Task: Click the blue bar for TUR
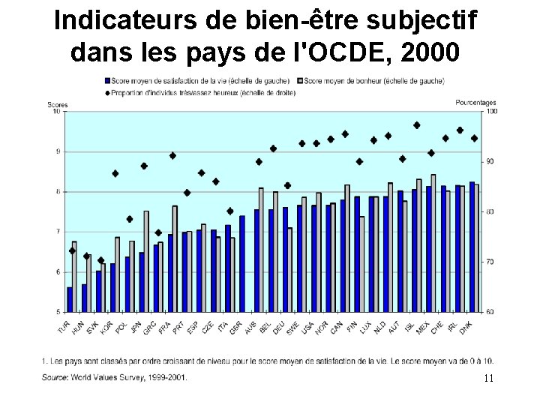click(x=70, y=299)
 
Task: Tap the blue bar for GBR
click(x=242, y=263)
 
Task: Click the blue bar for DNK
click(x=472, y=247)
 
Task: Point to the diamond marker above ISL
click(x=417, y=125)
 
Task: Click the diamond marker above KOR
click(x=115, y=173)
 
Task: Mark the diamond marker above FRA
click(x=172, y=156)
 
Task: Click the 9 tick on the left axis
click(x=58, y=151)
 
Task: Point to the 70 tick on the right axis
click(x=490, y=262)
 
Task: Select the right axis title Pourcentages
click(x=475, y=103)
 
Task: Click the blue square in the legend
click(x=109, y=80)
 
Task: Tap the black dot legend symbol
click(x=109, y=92)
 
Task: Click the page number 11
click(x=488, y=378)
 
